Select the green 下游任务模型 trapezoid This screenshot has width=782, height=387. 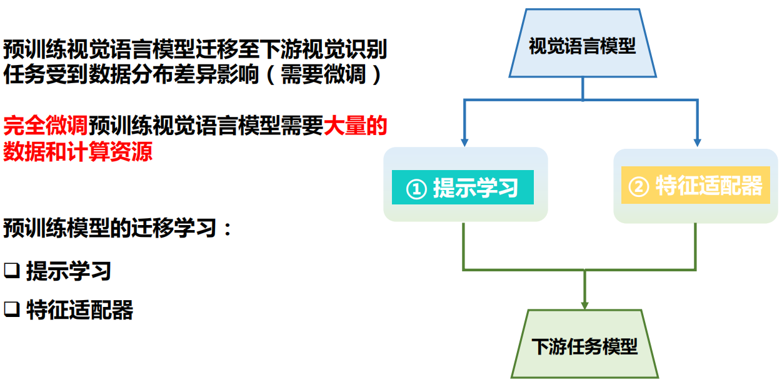point(584,345)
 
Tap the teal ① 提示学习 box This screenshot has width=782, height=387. point(463,187)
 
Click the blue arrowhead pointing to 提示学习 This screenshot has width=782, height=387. point(464,142)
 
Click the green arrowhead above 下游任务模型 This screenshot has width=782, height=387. point(584,304)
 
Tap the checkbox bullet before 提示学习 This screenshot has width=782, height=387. point(12,271)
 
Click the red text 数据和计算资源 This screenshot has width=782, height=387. point(78,151)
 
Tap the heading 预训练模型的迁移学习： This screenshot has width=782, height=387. point(118,228)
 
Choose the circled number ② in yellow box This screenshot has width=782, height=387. point(638,186)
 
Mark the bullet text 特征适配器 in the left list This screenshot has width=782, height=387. point(80,309)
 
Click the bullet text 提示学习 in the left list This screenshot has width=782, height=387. point(69,271)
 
